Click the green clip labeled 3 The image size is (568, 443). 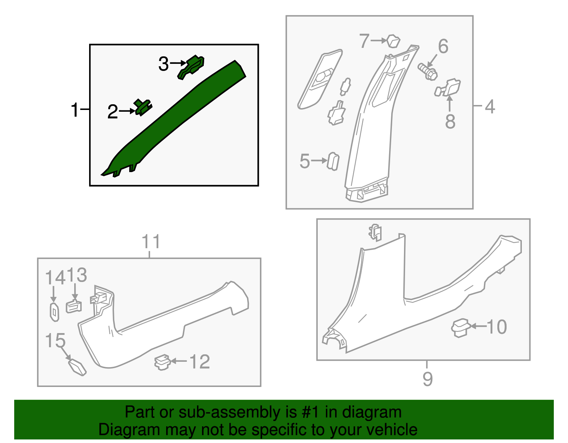(191, 67)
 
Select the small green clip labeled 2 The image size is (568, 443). (143, 107)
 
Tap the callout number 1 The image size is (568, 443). (75, 110)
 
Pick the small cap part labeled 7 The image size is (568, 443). (393, 41)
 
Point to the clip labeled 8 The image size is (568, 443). (448, 88)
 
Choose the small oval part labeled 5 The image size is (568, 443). (333, 162)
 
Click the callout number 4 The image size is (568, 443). (490, 106)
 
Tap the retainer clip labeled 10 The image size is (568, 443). (460, 328)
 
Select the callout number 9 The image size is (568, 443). (428, 379)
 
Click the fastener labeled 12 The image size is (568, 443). (162, 362)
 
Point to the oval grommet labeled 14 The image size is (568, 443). (54, 312)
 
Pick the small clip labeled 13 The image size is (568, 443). (74, 306)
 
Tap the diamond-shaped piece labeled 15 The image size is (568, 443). (77, 367)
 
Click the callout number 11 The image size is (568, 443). (151, 242)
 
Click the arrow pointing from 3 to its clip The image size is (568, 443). (178, 63)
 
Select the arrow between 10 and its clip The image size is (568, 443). (479, 326)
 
